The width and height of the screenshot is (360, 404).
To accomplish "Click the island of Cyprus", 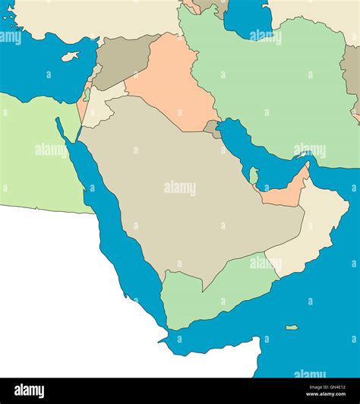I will click(71, 56).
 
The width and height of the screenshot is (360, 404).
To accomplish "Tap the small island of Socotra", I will click(292, 327).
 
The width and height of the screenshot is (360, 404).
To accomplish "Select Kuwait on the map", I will click(212, 128).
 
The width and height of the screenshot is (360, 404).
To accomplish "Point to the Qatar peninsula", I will click(254, 175).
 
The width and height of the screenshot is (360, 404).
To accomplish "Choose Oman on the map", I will click(311, 228).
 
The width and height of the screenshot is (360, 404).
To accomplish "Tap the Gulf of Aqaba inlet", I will click(76, 133).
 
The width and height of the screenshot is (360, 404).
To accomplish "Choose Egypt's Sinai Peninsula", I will click(67, 122).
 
